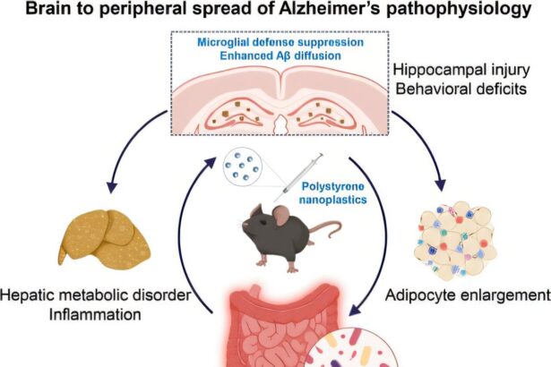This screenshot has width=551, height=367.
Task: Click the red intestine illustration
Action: (x=269, y=331)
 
